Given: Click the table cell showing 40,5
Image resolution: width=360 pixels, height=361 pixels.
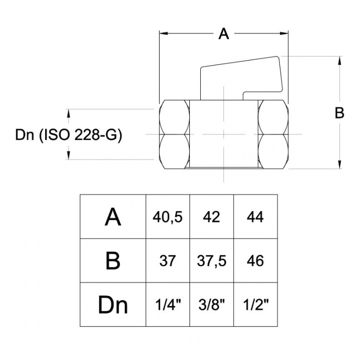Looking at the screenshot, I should [167, 218].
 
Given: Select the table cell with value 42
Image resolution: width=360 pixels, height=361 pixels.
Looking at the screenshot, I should [211, 218].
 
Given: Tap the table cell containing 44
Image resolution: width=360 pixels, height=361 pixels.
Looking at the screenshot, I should [255, 218].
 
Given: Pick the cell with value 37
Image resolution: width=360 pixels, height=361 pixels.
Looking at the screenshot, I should [167, 261].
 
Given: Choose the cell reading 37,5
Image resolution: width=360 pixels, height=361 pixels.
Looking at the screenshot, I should [211, 261].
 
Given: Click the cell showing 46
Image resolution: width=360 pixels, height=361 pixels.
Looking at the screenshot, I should [255, 261].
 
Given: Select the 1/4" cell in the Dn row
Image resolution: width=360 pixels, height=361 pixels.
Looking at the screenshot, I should [167, 305].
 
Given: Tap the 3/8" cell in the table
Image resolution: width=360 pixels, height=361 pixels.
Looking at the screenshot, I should [211, 305].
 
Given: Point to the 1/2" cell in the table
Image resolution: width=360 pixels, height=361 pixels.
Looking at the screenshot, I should [255, 305].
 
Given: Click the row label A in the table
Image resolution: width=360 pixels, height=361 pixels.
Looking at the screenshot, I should [114, 218].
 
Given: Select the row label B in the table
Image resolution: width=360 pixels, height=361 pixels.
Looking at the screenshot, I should [114, 261].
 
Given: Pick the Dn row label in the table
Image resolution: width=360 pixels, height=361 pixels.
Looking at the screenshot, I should [114, 305].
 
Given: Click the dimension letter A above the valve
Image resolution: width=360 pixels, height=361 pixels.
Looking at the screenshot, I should [224, 34].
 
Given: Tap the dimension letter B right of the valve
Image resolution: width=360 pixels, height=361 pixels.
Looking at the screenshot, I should [339, 114].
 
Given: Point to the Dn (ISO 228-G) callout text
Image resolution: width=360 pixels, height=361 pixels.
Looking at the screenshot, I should [69, 135].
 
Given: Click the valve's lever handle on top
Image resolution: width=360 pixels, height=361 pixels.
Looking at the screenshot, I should [240, 78].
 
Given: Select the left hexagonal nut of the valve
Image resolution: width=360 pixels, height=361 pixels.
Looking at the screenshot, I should [175, 134].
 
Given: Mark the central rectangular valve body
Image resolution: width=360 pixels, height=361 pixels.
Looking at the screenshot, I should [224, 134].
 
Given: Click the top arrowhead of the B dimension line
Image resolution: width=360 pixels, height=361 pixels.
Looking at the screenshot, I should [340, 59].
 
